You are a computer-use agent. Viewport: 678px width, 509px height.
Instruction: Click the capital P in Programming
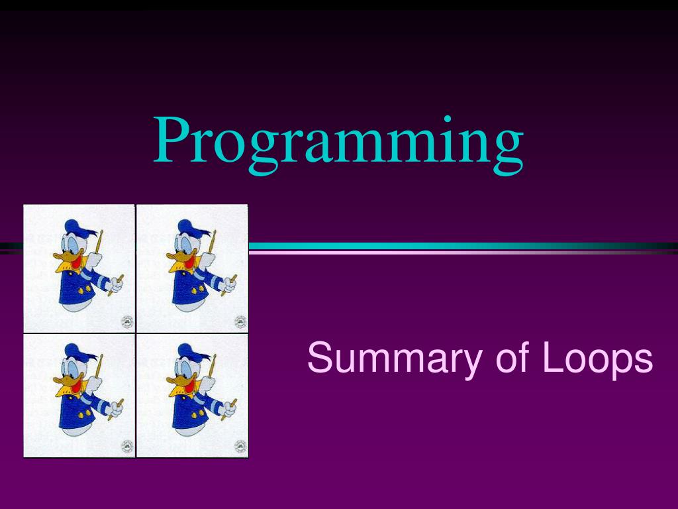[x=173, y=139]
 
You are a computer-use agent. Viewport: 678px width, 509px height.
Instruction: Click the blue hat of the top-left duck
[x=77, y=227]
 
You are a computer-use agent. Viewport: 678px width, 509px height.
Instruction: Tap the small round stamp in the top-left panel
[x=127, y=322]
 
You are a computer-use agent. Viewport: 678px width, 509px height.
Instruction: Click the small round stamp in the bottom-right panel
[x=240, y=446]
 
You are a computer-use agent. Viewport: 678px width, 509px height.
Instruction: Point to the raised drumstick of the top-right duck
[x=212, y=242]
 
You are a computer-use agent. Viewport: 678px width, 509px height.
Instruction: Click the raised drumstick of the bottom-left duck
[x=99, y=368]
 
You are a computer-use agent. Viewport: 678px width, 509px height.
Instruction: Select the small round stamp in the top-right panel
[x=240, y=322]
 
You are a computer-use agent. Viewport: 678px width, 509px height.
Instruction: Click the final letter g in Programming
[x=507, y=149]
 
